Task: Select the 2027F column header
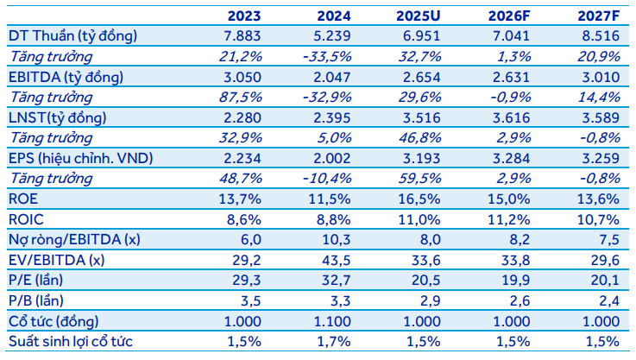point(599,16)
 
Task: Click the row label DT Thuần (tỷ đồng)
point(72,35)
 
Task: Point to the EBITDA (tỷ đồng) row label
point(66,76)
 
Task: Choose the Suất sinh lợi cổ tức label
point(70,340)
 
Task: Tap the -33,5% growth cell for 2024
point(329,56)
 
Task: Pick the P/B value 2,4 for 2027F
point(608,299)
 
